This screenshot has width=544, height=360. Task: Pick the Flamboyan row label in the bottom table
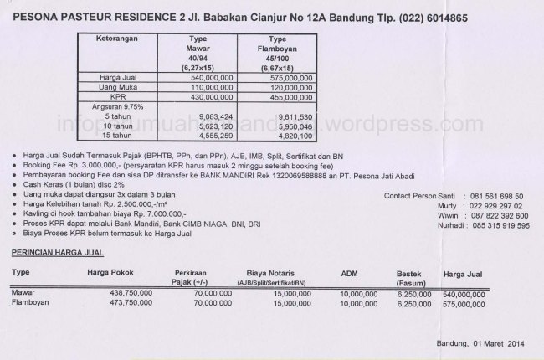[30, 304]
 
